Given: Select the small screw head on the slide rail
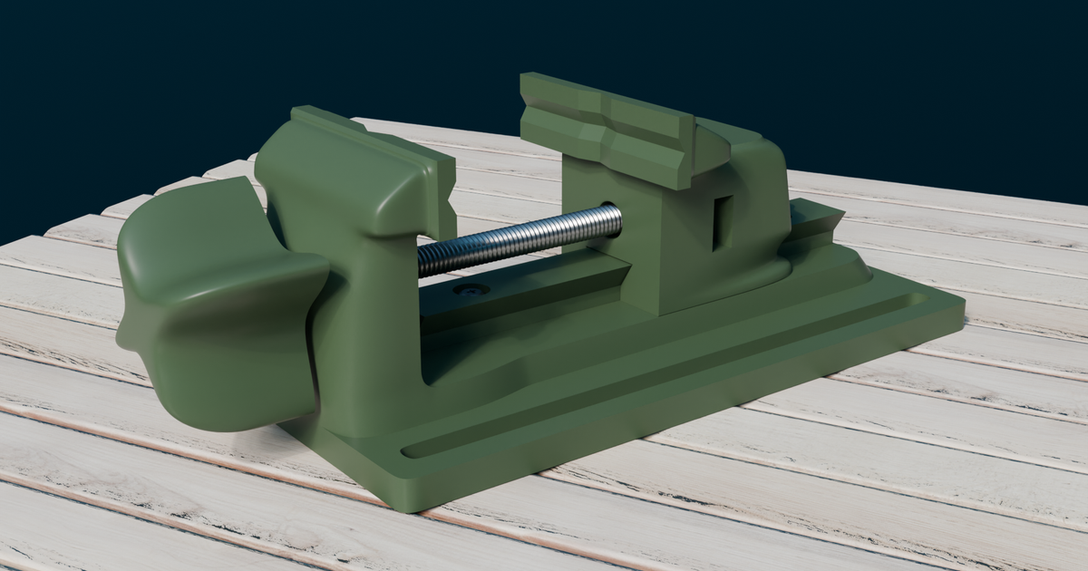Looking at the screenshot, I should point(471,290).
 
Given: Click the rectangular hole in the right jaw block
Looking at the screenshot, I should point(723,222).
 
